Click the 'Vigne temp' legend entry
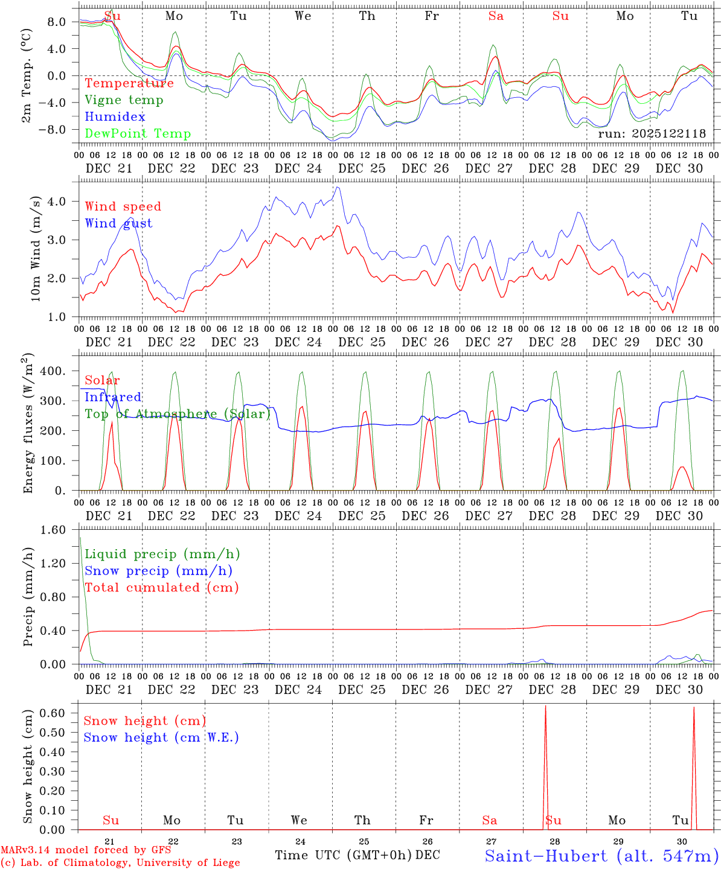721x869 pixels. (x=124, y=100)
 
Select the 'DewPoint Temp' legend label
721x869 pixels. (x=138, y=134)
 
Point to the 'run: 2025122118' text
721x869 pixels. (x=652, y=134)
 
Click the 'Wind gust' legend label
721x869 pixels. (x=118, y=223)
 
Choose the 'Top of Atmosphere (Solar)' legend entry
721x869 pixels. (x=178, y=414)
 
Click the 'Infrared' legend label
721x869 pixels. (x=113, y=397)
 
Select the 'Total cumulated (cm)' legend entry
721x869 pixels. (x=161, y=588)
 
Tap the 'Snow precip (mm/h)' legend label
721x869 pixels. (x=158, y=571)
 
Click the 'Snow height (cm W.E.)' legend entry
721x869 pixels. (x=161, y=737)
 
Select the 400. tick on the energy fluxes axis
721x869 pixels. (x=53, y=371)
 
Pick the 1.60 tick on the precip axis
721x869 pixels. (x=53, y=530)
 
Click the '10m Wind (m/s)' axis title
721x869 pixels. (x=36, y=249)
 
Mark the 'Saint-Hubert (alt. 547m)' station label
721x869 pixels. (x=601, y=856)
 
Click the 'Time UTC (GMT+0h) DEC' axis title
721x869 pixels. (x=357, y=855)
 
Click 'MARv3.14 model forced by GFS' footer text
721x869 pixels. (x=86, y=850)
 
